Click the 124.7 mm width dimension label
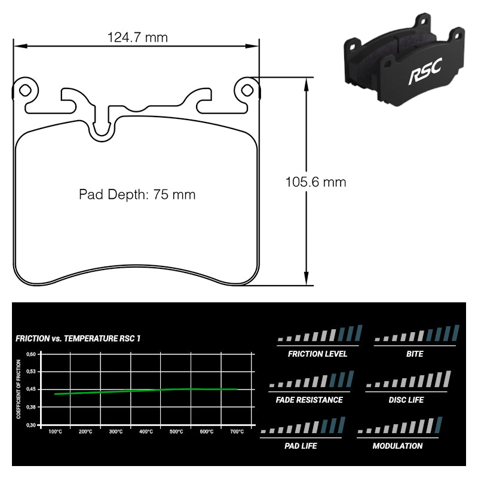click(x=137, y=38)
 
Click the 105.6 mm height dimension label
click(x=316, y=182)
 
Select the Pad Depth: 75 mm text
click(x=137, y=195)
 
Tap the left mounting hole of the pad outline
click(x=24, y=90)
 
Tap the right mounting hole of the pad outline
click(x=247, y=90)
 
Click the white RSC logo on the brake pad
click(x=425, y=71)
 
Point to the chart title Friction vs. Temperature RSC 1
click(x=78, y=338)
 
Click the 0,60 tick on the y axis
click(x=31, y=354)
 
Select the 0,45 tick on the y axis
click(x=31, y=390)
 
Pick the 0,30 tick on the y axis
click(x=31, y=425)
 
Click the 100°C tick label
click(x=55, y=431)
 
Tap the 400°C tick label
click(x=146, y=431)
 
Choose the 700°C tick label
click(x=237, y=431)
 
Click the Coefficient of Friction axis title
click(x=19, y=390)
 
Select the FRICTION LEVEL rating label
click(x=317, y=354)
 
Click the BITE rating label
click(x=415, y=354)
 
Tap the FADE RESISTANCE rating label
click(x=309, y=400)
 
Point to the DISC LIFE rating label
click(x=406, y=400)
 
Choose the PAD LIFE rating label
click(x=301, y=446)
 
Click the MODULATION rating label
click(x=397, y=446)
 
